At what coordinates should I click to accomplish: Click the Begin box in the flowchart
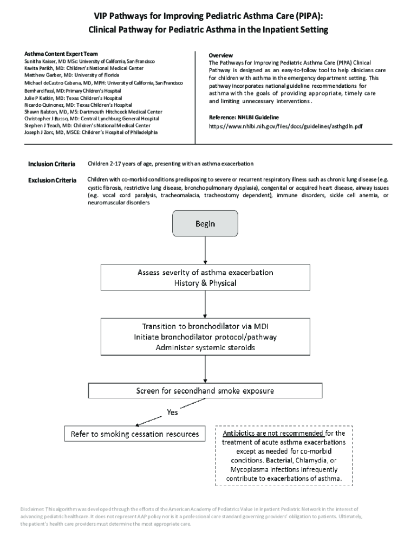coord(205,223)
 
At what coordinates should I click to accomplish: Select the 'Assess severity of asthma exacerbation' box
coord(205,277)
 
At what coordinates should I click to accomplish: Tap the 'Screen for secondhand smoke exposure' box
coord(205,390)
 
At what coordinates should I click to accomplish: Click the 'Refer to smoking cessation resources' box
coord(135,434)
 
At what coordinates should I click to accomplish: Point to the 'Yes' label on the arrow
coord(172,412)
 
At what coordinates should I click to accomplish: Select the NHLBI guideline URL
coord(285,126)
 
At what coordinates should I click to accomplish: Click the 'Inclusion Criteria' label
coord(52,164)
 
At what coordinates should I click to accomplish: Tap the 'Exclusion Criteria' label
coord(52,179)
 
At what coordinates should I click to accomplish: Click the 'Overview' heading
coord(221,56)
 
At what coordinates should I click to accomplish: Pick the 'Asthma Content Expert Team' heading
coord(61,54)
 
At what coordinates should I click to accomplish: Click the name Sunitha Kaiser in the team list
coord(41,62)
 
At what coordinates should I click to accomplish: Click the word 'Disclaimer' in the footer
coord(32,509)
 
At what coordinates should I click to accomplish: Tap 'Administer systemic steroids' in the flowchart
coord(205,347)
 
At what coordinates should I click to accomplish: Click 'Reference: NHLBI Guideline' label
coord(244,117)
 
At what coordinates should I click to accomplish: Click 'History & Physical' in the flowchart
coord(205,283)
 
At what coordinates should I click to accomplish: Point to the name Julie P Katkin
coord(40,98)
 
